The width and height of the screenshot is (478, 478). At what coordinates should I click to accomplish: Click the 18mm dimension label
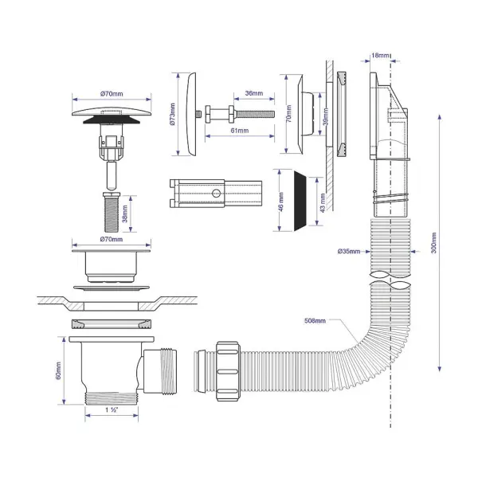tap(380, 56)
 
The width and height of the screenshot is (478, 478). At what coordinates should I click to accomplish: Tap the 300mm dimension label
tap(434, 243)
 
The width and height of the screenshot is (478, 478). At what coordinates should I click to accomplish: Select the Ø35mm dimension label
tap(349, 251)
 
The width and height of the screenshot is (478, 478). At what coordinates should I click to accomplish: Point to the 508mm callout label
tap(315, 320)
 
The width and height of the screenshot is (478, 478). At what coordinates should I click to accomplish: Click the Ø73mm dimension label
tap(172, 114)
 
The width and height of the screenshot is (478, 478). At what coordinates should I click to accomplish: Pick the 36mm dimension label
tap(254, 93)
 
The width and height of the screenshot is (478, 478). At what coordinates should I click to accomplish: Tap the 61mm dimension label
tap(240, 131)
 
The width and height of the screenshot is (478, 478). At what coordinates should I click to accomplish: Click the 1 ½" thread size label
tap(112, 410)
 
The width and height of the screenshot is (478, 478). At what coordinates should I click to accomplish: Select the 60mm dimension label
tap(58, 370)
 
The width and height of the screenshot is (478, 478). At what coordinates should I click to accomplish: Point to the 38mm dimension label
tap(125, 214)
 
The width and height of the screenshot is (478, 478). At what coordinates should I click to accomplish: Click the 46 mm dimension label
tap(281, 202)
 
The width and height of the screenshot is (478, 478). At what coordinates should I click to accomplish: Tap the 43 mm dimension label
tap(323, 202)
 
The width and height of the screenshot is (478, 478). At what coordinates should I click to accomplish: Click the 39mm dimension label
tap(326, 116)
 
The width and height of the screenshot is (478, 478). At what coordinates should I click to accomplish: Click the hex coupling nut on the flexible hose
tap(228, 371)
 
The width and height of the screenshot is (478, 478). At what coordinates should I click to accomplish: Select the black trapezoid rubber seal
tap(300, 201)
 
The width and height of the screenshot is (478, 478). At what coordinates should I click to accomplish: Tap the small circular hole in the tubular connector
tap(216, 194)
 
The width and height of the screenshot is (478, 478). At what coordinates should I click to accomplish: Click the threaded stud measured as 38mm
tap(112, 212)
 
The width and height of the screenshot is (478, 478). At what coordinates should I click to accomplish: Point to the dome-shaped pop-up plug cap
tap(112, 112)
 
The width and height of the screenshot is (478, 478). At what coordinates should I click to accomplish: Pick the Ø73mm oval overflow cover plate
tap(190, 114)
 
